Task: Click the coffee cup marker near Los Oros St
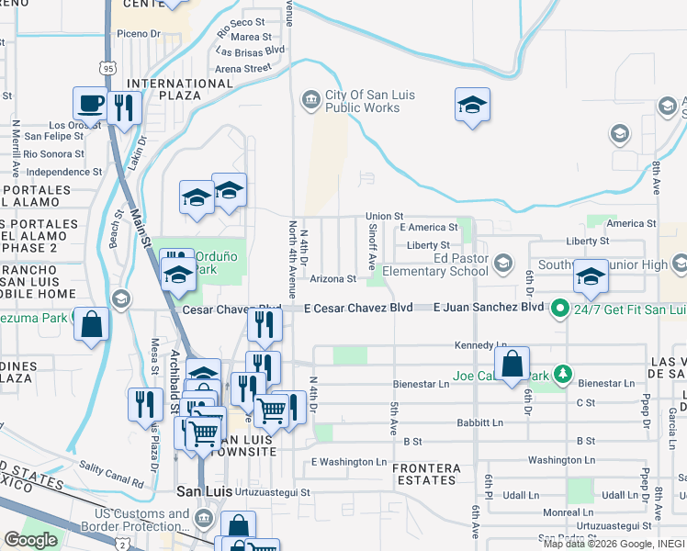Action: (91, 104)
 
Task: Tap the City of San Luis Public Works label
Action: (363, 101)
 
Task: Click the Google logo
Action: (30, 540)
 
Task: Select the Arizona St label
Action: (332, 279)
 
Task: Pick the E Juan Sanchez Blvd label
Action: (489, 308)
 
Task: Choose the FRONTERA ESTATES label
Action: (425, 474)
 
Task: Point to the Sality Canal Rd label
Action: (111, 474)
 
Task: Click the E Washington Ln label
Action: (349, 462)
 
